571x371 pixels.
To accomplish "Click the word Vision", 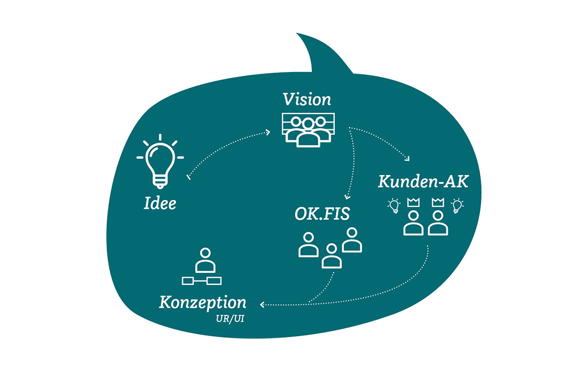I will [x=307, y=100].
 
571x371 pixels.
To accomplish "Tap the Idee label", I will [x=160, y=204].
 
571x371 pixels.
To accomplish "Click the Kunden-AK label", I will [x=423, y=182].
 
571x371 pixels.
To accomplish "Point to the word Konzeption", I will [x=203, y=303].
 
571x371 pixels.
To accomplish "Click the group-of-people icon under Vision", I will [x=308, y=130].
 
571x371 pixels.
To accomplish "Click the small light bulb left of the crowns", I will [x=393, y=206].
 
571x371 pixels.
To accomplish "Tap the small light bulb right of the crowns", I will [x=457, y=206].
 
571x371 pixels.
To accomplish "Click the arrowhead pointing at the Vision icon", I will [x=268, y=132].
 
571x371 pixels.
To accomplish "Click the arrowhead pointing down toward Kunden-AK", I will [x=407, y=158].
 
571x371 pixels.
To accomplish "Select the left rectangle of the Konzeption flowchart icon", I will [x=188, y=280].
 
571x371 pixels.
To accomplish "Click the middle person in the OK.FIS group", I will [x=331, y=255].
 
